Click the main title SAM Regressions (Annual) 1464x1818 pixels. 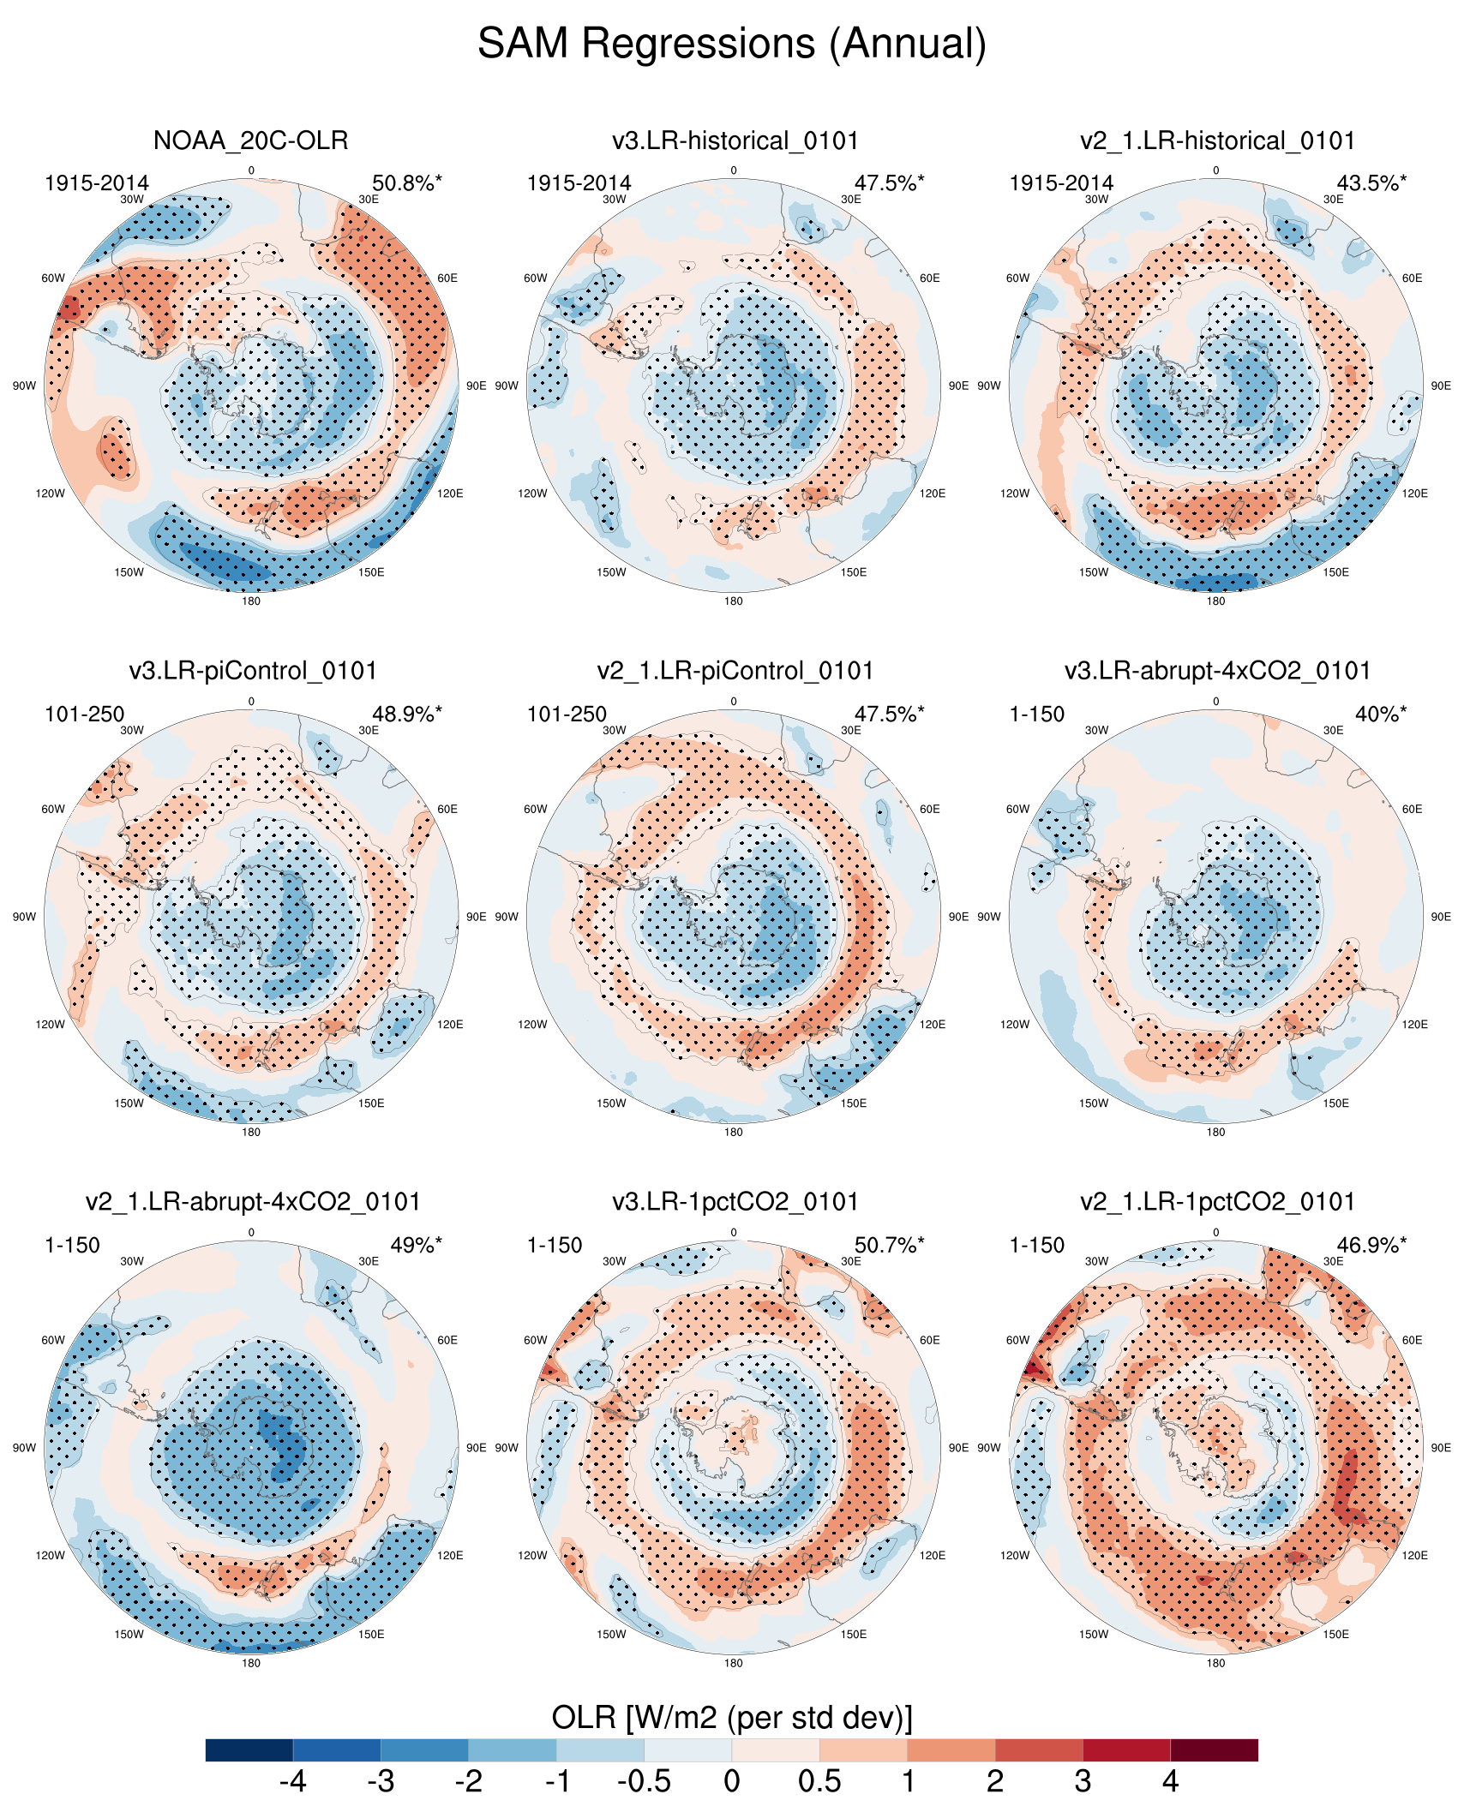point(731,43)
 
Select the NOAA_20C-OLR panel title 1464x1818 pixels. point(250,141)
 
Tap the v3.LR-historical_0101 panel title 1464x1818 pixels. point(735,141)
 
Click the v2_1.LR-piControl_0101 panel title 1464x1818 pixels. point(735,671)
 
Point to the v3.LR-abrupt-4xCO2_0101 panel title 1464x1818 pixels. point(1217,671)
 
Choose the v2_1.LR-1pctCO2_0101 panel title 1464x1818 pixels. point(1217,1202)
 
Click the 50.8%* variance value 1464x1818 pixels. point(406,183)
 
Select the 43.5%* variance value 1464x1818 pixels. point(1371,183)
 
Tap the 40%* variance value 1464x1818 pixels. point(1380,715)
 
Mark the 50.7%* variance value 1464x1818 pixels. point(889,1246)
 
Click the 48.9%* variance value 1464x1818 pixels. point(406,715)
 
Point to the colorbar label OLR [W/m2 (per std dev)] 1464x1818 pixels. point(731,1718)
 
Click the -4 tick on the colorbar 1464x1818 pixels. point(293,1782)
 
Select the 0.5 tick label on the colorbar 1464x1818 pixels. point(819,1782)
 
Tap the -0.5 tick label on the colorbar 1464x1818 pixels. point(644,1782)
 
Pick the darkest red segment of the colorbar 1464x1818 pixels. point(1214,1750)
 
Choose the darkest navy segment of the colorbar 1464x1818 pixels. point(249,1750)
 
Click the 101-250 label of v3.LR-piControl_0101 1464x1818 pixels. point(84,715)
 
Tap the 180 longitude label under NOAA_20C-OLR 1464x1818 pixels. point(251,601)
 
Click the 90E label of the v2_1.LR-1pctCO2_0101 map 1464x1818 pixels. point(1441,1448)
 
